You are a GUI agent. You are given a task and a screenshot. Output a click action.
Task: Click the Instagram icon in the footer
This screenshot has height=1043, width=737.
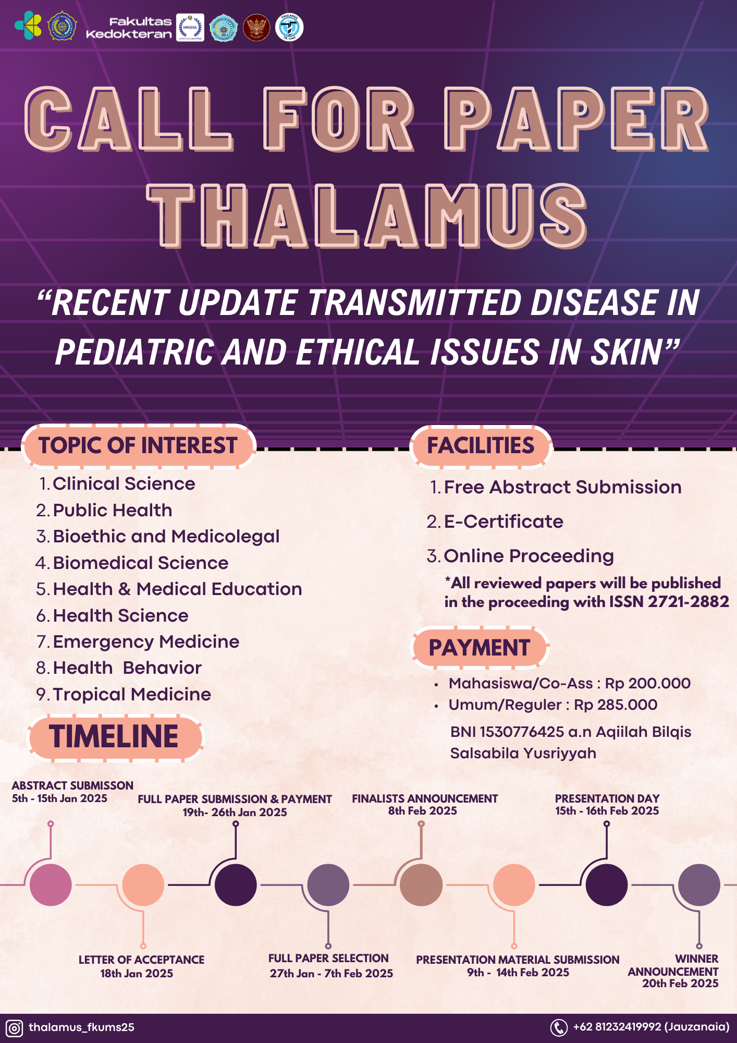pyautogui.click(x=15, y=1028)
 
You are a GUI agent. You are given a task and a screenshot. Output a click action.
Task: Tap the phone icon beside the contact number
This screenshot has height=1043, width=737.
pyautogui.click(x=559, y=1027)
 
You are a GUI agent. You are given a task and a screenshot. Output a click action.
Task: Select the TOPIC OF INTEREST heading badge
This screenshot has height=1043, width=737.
pyautogui.click(x=138, y=446)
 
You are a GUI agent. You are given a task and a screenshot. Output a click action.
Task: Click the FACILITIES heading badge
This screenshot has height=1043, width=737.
pyautogui.click(x=481, y=446)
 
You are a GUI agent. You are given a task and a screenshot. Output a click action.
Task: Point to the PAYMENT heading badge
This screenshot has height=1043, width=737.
pyautogui.click(x=480, y=648)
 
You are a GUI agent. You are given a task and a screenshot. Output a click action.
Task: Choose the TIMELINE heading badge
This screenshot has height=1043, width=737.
pyautogui.click(x=114, y=737)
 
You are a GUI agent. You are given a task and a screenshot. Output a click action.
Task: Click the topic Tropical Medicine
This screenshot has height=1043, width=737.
pyautogui.click(x=132, y=694)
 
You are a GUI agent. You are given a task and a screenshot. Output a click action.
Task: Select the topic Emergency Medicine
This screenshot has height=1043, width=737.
pyautogui.click(x=146, y=641)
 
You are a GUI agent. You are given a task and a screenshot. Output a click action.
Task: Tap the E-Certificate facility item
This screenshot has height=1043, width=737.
pyautogui.click(x=503, y=521)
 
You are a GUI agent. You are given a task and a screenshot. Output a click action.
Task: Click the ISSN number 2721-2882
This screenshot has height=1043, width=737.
pyautogui.click(x=688, y=602)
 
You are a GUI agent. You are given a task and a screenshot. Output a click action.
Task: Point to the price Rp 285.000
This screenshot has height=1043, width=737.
pyautogui.click(x=616, y=705)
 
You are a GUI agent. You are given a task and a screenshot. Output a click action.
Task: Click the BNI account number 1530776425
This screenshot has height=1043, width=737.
pyautogui.click(x=522, y=732)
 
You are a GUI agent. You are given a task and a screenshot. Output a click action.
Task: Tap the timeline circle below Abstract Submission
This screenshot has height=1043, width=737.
pyautogui.click(x=51, y=885)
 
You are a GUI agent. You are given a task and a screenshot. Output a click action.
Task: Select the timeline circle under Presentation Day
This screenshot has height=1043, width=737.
pyautogui.click(x=607, y=885)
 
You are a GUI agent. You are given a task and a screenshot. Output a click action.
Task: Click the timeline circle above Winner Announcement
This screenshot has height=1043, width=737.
pyautogui.click(x=699, y=885)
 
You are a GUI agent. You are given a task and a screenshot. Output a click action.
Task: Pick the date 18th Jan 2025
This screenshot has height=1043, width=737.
pyautogui.click(x=137, y=973)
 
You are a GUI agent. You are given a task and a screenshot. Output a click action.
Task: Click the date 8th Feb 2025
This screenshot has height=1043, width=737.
pyautogui.click(x=422, y=811)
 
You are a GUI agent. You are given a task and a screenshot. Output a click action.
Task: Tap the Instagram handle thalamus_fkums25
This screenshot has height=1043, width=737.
pyautogui.click(x=81, y=1027)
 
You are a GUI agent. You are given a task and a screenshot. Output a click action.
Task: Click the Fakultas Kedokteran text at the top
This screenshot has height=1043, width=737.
pyautogui.click(x=129, y=28)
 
